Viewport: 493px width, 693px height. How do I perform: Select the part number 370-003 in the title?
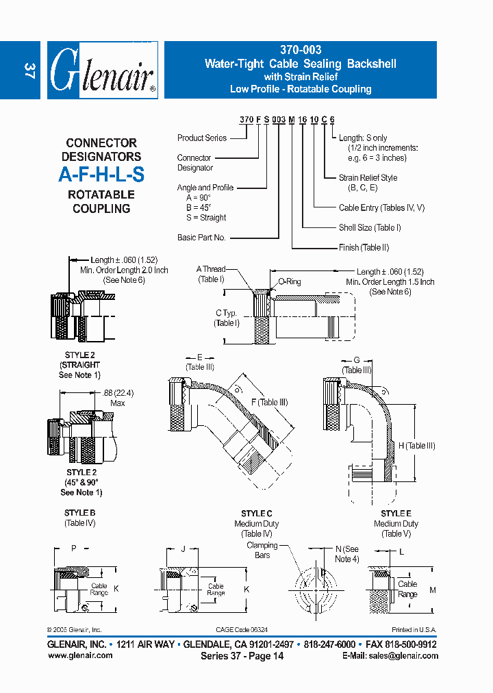[x=301, y=50]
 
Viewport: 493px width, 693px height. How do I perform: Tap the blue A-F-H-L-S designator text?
[x=101, y=175]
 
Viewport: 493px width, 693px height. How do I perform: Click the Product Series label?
[x=202, y=138]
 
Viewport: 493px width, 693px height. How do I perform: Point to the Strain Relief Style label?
[x=368, y=178]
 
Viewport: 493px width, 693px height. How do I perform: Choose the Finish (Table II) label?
[x=364, y=247]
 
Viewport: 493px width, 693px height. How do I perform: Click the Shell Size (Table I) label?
[x=370, y=227]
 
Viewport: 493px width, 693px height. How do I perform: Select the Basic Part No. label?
[x=201, y=238]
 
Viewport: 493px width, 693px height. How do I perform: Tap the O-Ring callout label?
[x=289, y=281]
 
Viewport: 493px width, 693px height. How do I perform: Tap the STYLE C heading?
[x=257, y=514]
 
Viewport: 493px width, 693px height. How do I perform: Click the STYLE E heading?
[x=396, y=514]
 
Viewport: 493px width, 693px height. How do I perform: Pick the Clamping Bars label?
[x=262, y=550]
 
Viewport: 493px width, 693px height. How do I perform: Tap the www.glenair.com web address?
[x=80, y=655]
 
